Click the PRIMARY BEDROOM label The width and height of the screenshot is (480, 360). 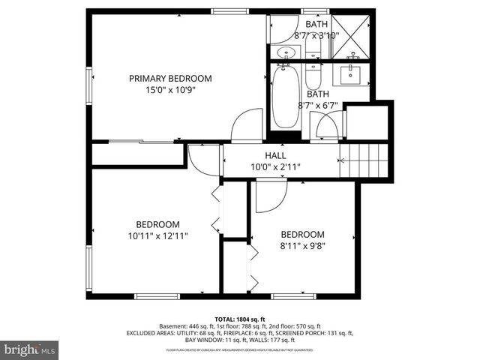169,78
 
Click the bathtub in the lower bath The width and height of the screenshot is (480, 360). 285,97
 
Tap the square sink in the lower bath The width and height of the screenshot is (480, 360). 351,75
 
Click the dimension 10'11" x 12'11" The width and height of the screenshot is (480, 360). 157,235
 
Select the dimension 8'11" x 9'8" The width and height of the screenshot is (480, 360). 302,244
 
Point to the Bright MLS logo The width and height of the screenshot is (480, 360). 30,349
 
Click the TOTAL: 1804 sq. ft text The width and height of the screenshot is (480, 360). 240,319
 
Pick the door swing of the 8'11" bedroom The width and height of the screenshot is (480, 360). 270,197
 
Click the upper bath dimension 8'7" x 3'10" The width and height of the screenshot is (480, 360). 316,34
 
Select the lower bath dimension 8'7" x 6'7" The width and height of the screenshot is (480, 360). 318,105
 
